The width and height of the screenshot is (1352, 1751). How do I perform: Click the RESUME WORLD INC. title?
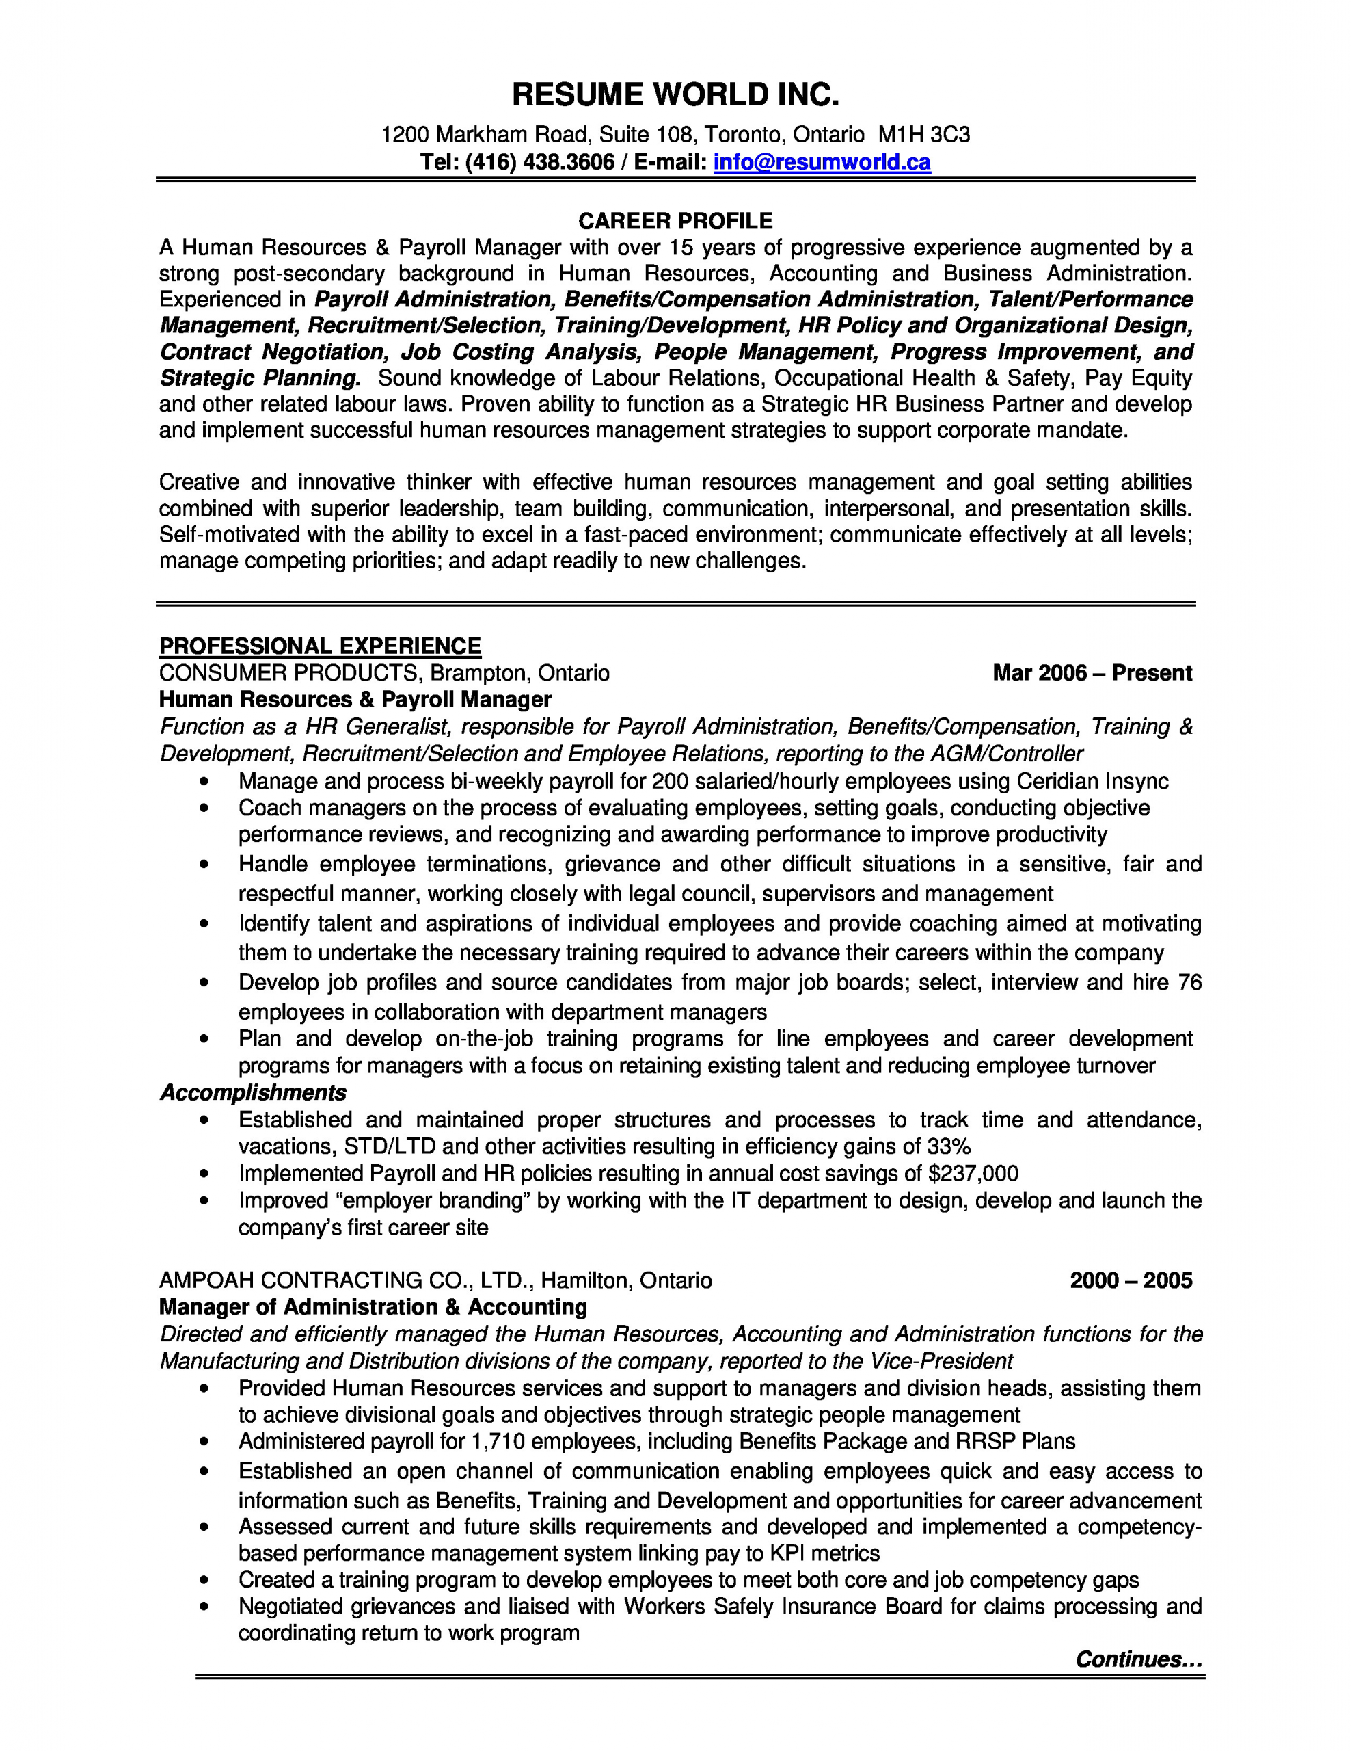(x=675, y=95)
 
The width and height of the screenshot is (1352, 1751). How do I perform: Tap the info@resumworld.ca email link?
(x=822, y=163)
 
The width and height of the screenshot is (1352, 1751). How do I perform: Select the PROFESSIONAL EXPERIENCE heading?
(x=320, y=646)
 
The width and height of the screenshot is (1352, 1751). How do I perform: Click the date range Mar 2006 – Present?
(x=1092, y=672)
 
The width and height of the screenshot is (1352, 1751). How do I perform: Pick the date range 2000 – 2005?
(x=1131, y=1280)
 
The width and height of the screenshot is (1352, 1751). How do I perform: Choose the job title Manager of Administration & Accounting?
(x=373, y=1307)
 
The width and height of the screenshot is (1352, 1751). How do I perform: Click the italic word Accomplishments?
(x=254, y=1093)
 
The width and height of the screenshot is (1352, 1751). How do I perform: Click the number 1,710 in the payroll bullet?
(x=498, y=1442)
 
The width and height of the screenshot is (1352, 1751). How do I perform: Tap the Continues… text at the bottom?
(x=1138, y=1659)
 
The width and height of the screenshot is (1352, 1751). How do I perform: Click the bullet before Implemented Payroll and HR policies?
(x=207, y=1174)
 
